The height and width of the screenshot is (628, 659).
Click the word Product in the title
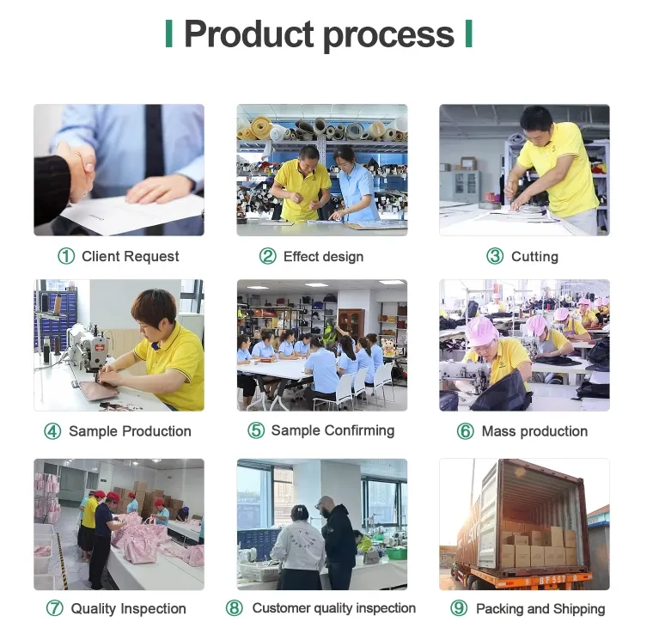point(248,34)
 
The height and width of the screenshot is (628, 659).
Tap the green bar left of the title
point(169,34)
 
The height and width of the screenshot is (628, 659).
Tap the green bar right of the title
point(468,34)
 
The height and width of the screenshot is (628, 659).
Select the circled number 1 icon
point(66,256)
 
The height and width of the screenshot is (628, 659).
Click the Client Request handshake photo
point(119,170)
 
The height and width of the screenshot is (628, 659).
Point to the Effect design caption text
point(323,256)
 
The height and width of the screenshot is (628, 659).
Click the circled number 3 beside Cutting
point(495,256)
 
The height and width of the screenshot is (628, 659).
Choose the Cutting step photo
point(524,170)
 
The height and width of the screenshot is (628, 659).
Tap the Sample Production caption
point(130,431)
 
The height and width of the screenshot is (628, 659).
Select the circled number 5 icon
point(256,430)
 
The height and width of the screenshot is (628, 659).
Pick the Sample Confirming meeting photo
point(322,344)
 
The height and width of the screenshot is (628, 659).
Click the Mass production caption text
point(534,431)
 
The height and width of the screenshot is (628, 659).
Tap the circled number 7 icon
point(54,609)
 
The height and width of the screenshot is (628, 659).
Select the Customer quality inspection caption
point(333,608)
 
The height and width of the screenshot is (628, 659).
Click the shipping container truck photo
point(524,524)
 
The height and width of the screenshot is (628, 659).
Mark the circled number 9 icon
point(459,609)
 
